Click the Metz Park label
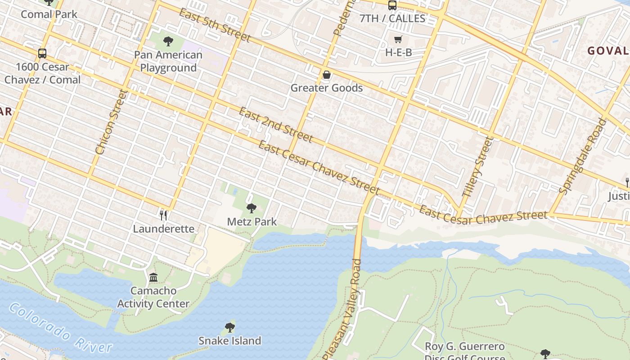[252, 221]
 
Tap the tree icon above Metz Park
[252, 208]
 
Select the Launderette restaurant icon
[163, 216]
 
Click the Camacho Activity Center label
[153, 297]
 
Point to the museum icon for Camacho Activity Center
[153, 277]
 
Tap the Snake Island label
[230, 341]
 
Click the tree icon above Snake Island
[230, 327]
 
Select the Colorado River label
[60, 328]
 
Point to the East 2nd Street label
[275, 125]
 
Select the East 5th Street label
[214, 25]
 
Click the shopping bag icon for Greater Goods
[327, 75]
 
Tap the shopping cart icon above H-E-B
[398, 40]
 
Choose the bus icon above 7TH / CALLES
[392, 5]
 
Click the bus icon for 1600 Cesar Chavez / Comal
[42, 54]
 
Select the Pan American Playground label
[168, 61]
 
